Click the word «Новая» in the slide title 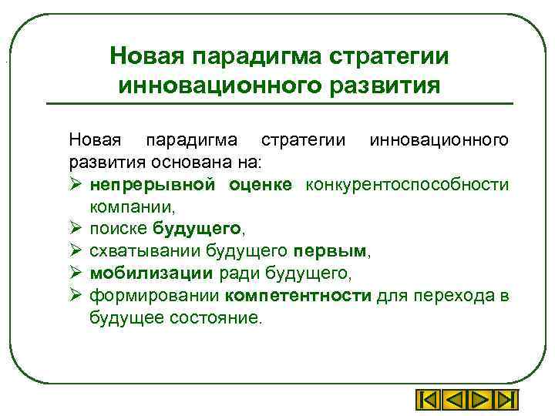point(146,56)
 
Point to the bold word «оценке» point(260,184)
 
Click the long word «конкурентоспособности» point(407,184)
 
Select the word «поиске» point(119,229)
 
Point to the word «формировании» point(155,295)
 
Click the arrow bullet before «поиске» point(75,229)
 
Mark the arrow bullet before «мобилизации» point(75,273)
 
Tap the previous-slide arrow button point(455,401)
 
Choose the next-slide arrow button point(479,401)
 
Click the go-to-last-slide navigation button point(505,401)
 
